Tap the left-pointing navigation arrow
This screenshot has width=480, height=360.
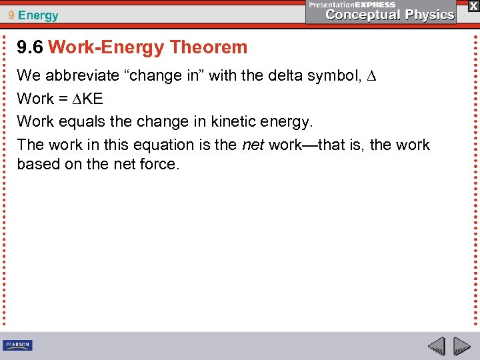click(436, 346)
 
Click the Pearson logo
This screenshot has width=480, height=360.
click(17, 345)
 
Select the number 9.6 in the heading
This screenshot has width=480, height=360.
click(30, 47)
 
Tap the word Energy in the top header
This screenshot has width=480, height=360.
click(39, 15)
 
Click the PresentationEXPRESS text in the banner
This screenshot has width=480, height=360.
click(351, 4)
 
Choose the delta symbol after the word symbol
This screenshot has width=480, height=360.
click(372, 76)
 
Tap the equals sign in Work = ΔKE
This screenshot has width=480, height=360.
click(64, 99)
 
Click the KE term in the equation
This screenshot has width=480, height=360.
click(93, 99)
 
